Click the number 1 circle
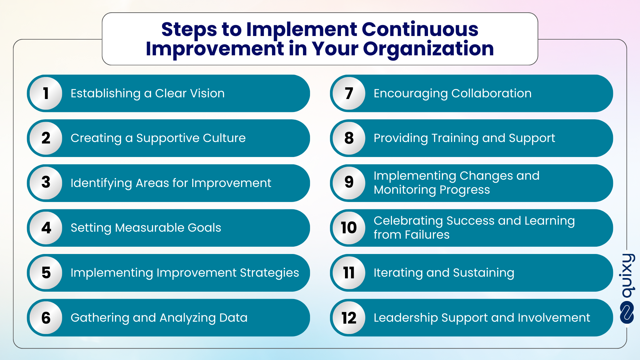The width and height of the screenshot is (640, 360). (46, 93)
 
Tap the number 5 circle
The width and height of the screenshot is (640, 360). (46, 273)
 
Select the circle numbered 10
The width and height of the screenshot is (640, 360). (349, 228)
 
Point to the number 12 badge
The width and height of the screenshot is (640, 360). (349, 318)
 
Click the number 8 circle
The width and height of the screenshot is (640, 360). (349, 138)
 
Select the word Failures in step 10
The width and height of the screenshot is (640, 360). (427, 235)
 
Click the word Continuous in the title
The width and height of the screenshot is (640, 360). (420, 29)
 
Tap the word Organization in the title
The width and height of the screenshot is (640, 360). (428, 49)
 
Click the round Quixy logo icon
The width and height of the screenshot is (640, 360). (627, 312)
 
